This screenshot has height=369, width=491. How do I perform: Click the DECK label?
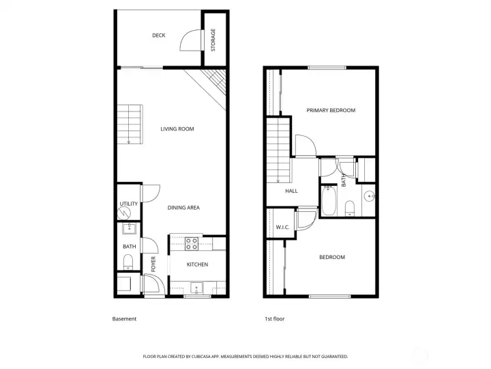159,36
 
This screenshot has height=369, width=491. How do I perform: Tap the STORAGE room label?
213,40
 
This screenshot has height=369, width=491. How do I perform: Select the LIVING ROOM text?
177,128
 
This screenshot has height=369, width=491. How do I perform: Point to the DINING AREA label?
183,208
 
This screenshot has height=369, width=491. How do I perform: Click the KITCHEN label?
197,264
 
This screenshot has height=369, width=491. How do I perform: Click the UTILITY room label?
128,204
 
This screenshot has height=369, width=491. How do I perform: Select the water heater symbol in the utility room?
125,213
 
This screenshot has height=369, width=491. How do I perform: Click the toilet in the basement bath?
128,260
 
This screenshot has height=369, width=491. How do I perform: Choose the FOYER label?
153,264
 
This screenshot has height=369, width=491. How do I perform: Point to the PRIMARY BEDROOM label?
331,110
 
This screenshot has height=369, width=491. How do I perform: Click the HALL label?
291,191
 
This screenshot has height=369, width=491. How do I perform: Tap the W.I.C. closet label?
283,227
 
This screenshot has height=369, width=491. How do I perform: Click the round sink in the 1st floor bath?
369,197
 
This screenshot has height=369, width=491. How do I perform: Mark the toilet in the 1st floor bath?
348,207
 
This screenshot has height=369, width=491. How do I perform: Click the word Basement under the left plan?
124,319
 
